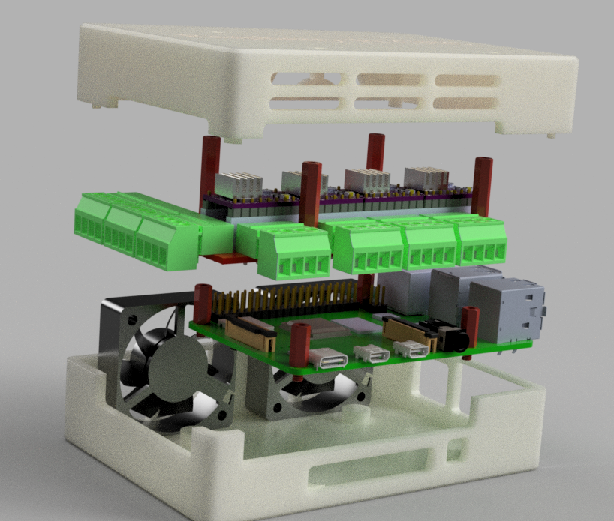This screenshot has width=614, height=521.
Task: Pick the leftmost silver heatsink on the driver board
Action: pyautogui.click(x=239, y=183)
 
